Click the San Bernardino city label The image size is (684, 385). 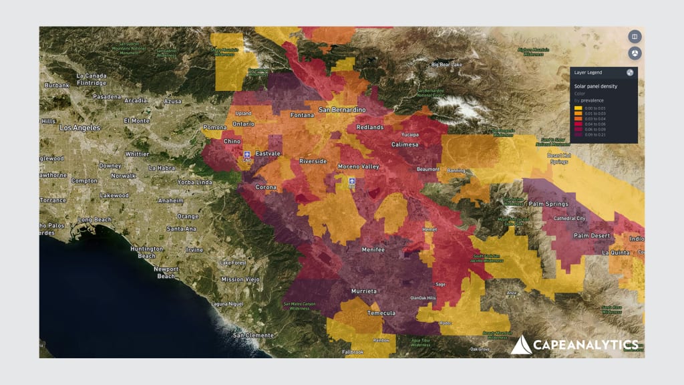342,109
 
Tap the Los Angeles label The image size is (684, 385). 79,127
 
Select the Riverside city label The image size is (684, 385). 313,161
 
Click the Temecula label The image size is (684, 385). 381,313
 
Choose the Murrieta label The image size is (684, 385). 364,291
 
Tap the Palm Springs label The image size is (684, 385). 548,204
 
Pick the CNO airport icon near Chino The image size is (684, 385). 247,154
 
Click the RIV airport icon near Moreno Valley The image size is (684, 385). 351,181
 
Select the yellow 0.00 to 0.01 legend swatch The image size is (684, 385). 578,108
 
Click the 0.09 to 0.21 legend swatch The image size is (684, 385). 578,134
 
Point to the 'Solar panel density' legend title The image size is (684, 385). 596,86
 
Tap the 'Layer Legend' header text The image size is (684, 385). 588,72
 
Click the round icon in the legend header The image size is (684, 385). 630,72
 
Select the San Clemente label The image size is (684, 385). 253,334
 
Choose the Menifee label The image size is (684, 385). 373,249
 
